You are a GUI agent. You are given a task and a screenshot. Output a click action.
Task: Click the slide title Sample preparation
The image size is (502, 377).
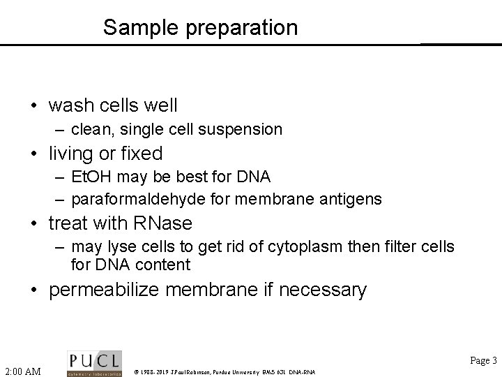200,28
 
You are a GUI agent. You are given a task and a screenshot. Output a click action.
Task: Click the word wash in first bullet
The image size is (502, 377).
70,105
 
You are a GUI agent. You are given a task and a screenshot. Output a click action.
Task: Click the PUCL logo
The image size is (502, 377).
94,362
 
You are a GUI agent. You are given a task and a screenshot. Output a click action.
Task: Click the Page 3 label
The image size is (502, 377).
483,361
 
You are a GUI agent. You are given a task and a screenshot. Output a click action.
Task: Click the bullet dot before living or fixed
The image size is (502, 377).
33,154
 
